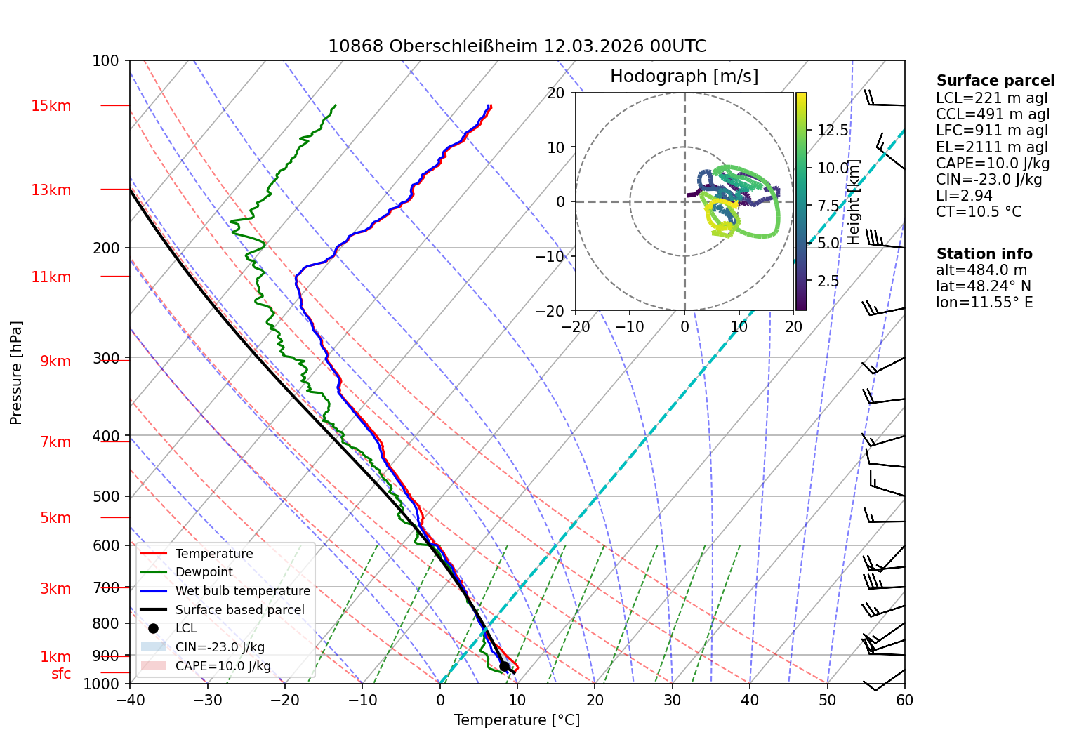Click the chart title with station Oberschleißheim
(x=517, y=46)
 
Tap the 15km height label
(x=51, y=105)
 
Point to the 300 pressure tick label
(x=106, y=358)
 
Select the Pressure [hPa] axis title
(x=15, y=372)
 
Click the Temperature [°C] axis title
(x=517, y=720)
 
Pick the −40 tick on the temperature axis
(x=130, y=700)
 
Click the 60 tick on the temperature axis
(x=905, y=700)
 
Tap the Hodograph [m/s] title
(x=684, y=76)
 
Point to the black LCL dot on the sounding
(x=504, y=667)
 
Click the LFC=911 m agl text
(x=992, y=131)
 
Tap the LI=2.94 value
(x=964, y=195)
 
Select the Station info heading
(x=984, y=254)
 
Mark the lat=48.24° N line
(x=984, y=286)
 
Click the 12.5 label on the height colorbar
(x=833, y=130)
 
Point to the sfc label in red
(x=61, y=674)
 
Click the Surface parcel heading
(x=995, y=81)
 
